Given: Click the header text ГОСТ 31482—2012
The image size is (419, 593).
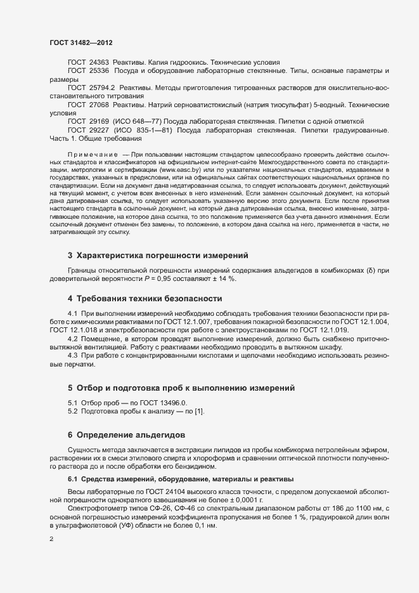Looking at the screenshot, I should [x=82, y=42].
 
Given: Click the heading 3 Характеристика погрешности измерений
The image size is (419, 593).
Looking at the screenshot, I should [x=157, y=256].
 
